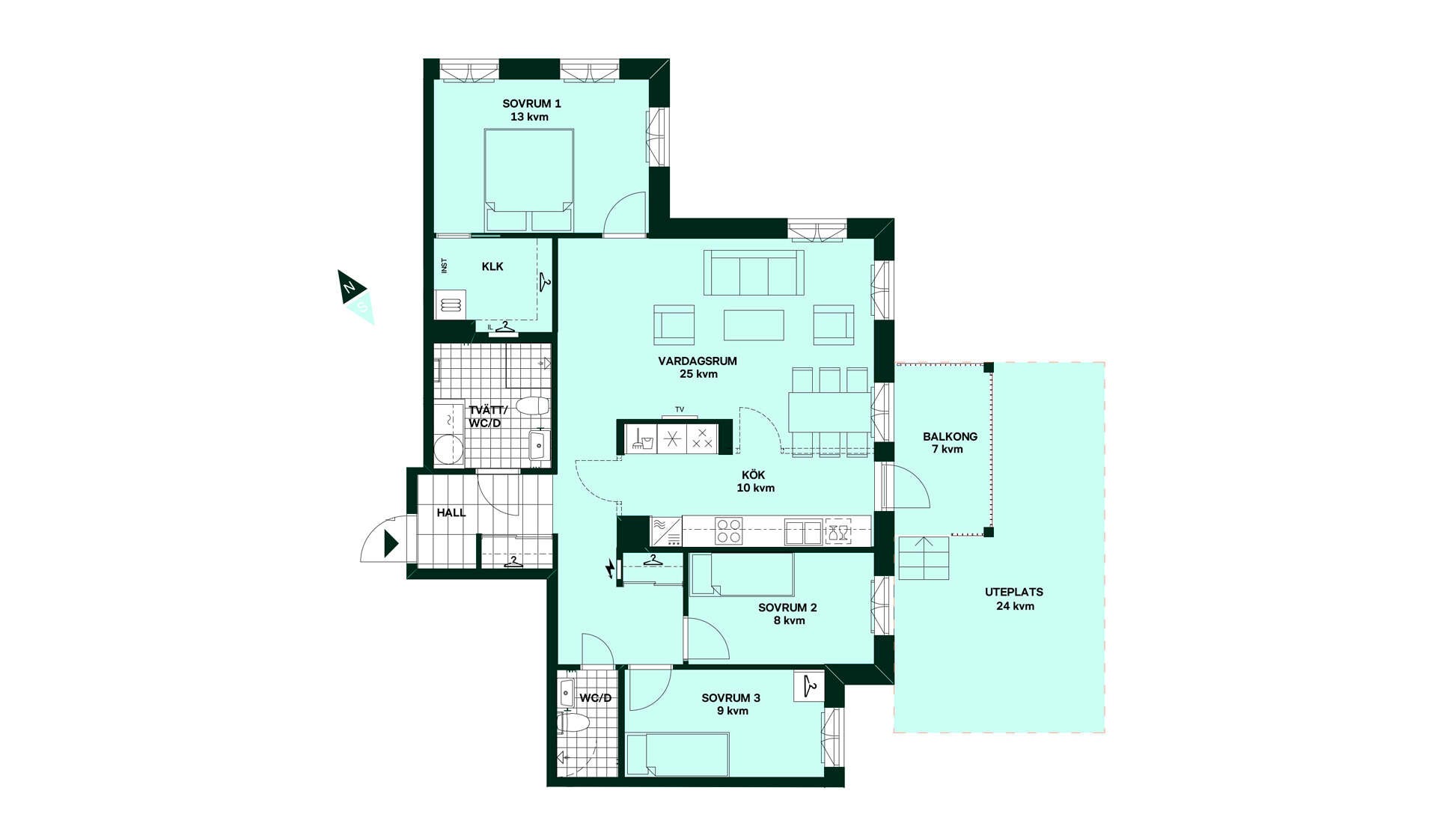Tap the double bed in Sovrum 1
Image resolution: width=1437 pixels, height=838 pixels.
coord(529,180)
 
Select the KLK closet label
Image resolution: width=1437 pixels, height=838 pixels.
coord(492,266)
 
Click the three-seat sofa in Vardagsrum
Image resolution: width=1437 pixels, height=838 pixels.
coord(754,273)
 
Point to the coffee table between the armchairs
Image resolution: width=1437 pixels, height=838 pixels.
coord(754,325)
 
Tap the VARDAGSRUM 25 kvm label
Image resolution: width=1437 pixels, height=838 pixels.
coord(698,367)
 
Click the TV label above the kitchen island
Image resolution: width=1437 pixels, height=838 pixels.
coord(680,409)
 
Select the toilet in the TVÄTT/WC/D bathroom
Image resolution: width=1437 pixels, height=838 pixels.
coord(532,406)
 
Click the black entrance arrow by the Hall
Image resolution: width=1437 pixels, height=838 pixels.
coord(391,543)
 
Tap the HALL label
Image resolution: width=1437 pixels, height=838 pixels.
coord(451,513)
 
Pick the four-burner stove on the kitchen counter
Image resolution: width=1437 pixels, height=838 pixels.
coord(728,530)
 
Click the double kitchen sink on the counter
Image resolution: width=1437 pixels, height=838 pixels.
coord(803,532)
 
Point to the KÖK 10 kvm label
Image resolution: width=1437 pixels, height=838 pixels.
coord(754,481)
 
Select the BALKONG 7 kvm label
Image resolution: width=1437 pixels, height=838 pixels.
coord(949,442)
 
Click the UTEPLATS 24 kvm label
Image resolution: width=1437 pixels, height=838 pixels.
coord(1014,599)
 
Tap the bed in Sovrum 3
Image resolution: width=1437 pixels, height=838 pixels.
coord(677,754)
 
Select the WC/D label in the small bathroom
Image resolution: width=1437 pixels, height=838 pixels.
coord(596,698)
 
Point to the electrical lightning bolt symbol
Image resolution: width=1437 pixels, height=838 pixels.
coord(611,569)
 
